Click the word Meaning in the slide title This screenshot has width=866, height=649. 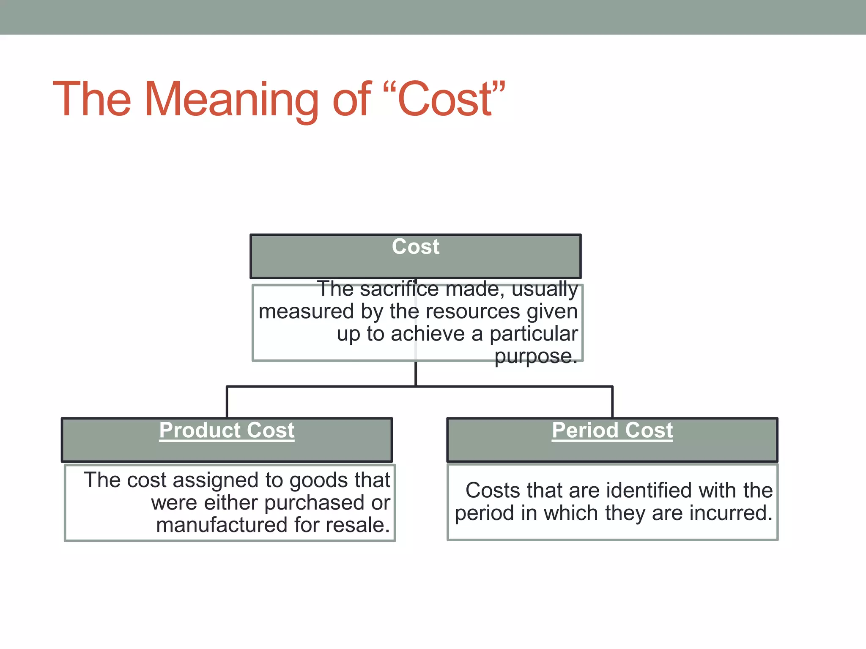[x=231, y=100]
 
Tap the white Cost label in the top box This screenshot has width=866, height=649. [x=416, y=246]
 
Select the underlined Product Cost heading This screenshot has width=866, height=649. [x=227, y=431]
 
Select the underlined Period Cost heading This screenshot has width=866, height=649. [x=612, y=431]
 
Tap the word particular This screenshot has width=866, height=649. [x=534, y=334]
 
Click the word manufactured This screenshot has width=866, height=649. [x=222, y=525]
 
